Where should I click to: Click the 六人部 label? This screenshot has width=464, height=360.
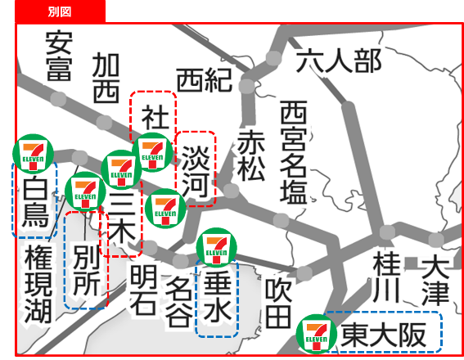(x=339, y=60)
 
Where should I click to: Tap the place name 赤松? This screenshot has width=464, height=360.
(x=250, y=155)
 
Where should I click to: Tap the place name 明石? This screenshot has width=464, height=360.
(x=142, y=290)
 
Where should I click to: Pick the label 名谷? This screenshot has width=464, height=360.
(x=179, y=300)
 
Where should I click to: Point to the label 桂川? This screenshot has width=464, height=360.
(x=385, y=278)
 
